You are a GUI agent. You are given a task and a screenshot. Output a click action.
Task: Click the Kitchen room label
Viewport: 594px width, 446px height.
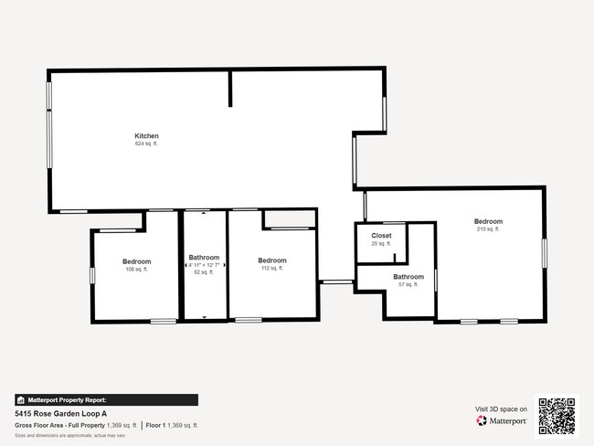tap(146, 136)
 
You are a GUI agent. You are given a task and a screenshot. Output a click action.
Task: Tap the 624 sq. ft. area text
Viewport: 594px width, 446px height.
tap(146, 143)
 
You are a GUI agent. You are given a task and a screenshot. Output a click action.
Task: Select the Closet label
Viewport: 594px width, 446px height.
tap(381, 236)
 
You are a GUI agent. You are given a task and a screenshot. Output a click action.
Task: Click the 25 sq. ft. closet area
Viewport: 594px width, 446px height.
tap(381, 244)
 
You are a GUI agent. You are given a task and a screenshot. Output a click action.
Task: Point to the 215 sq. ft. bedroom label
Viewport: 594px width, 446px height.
tap(487, 229)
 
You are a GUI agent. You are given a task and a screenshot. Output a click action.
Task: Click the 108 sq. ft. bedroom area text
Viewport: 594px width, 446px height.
tap(136, 270)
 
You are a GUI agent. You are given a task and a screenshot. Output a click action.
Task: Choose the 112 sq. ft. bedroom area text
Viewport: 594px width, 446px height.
tap(271, 269)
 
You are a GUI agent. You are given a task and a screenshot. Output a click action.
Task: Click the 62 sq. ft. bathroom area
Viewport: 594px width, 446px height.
tap(204, 271)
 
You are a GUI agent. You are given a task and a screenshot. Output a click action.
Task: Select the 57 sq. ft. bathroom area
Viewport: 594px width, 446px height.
tap(408, 284)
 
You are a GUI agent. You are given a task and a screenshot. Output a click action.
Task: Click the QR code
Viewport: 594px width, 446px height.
tap(557, 414)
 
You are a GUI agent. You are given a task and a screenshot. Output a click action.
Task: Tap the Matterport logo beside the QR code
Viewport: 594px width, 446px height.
tap(502, 421)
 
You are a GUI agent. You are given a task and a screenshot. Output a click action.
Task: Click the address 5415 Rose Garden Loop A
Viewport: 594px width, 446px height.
tap(62, 413)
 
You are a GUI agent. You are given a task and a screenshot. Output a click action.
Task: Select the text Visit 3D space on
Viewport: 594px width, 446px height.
tap(501, 409)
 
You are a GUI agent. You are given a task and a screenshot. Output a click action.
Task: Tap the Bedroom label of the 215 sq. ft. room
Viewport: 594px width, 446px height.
tap(487, 221)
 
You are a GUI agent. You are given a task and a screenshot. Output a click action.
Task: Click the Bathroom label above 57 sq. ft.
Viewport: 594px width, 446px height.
tap(408, 276)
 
